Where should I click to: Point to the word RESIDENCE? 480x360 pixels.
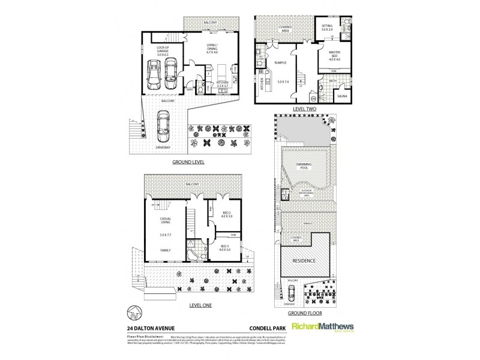click(x=304, y=262)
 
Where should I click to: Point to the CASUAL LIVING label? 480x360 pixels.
click(x=166, y=222)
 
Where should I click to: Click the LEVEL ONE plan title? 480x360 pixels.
click(x=200, y=305)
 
